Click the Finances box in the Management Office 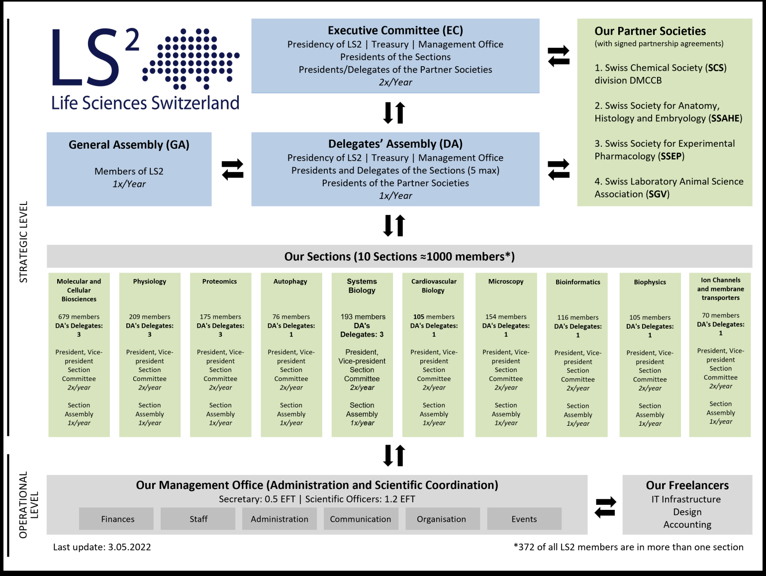[117, 519]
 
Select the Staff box [198, 519]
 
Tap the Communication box [360, 519]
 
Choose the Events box [524, 519]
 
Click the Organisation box [441, 519]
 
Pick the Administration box [279, 519]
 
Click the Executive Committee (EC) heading [395, 30]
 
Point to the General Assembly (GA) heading [129, 145]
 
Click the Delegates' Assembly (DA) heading [395, 144]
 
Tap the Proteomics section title [219, 282]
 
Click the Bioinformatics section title [577, 282]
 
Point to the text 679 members [79, 317]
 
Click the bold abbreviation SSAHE [726, 118]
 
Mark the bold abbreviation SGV [658, 194]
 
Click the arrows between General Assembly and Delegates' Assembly [232, 169]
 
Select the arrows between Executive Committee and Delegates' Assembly [394, 113]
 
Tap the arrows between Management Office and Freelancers [605, 507]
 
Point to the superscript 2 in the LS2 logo [132, 41]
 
